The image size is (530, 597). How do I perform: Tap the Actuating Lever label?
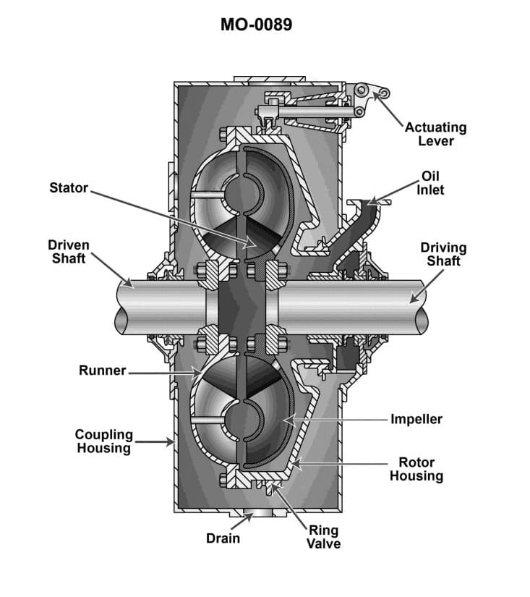(435, 133)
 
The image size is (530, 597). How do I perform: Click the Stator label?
(68, 188)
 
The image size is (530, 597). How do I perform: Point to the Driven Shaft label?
(69, 252)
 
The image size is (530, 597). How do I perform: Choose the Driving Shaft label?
(443, 254)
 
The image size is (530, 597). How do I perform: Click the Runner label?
(102, 371)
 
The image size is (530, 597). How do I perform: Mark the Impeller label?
(416, 419)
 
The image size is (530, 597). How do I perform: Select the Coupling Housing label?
(104, 441)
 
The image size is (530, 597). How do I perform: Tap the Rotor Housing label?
(416, 469)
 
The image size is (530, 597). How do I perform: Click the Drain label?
(223, 538)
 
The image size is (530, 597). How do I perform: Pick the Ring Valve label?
(324, 537)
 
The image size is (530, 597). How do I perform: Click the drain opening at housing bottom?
(249, 515)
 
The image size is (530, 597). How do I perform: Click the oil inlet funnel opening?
(368, 203)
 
